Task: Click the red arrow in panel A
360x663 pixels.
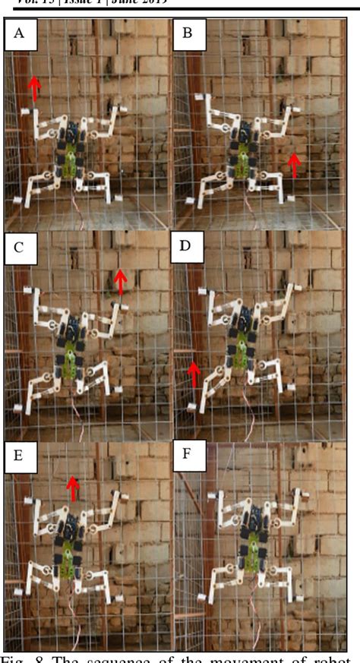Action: click(x=33, y=89)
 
